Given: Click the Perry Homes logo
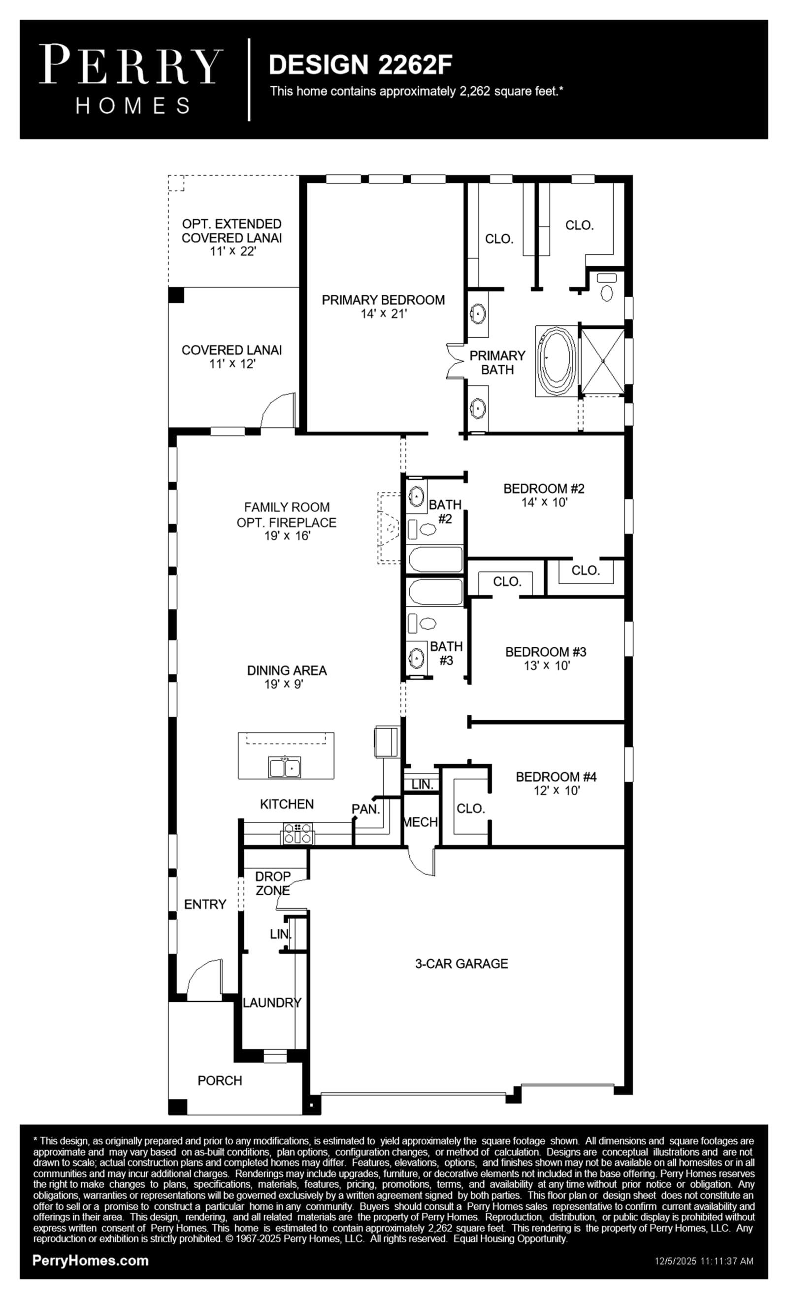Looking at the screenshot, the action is [131, 79].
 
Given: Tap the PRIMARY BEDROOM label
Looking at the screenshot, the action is [383, 300].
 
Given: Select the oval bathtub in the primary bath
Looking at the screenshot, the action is [556, 362].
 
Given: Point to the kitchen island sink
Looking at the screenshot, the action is [285, 767].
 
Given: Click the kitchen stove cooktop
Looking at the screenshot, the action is [298, 834].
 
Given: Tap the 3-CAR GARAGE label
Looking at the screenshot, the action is [461, 964].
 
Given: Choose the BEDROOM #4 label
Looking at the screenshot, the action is [556, 776].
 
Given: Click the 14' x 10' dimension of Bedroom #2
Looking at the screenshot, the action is [544, 502].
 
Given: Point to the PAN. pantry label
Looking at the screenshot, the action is [365, 809].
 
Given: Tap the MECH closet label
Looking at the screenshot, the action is [420, 822].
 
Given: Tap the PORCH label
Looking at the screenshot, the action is [220, 1081].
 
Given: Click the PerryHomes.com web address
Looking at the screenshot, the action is [90, 1261].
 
